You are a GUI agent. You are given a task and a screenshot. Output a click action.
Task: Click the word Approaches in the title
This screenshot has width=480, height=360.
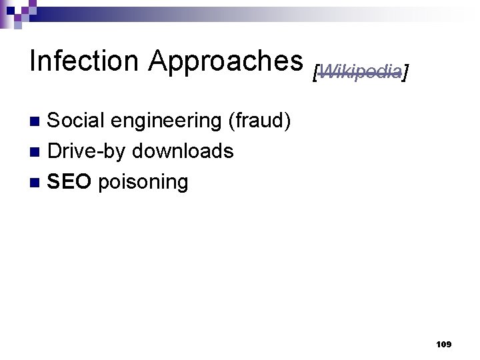[x=226, y=61]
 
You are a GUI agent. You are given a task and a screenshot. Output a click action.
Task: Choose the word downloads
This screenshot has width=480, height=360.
[x=183, y=151]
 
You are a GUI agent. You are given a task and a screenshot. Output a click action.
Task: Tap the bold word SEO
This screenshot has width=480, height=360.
[x=69, y=182]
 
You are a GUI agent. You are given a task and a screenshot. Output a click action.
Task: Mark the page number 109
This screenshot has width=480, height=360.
[x=443, y=345]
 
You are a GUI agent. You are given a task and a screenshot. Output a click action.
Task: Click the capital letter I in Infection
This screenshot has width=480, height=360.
[x=33, y=61]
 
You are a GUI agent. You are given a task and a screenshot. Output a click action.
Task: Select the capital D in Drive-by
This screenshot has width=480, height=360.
[x=55, y=151]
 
